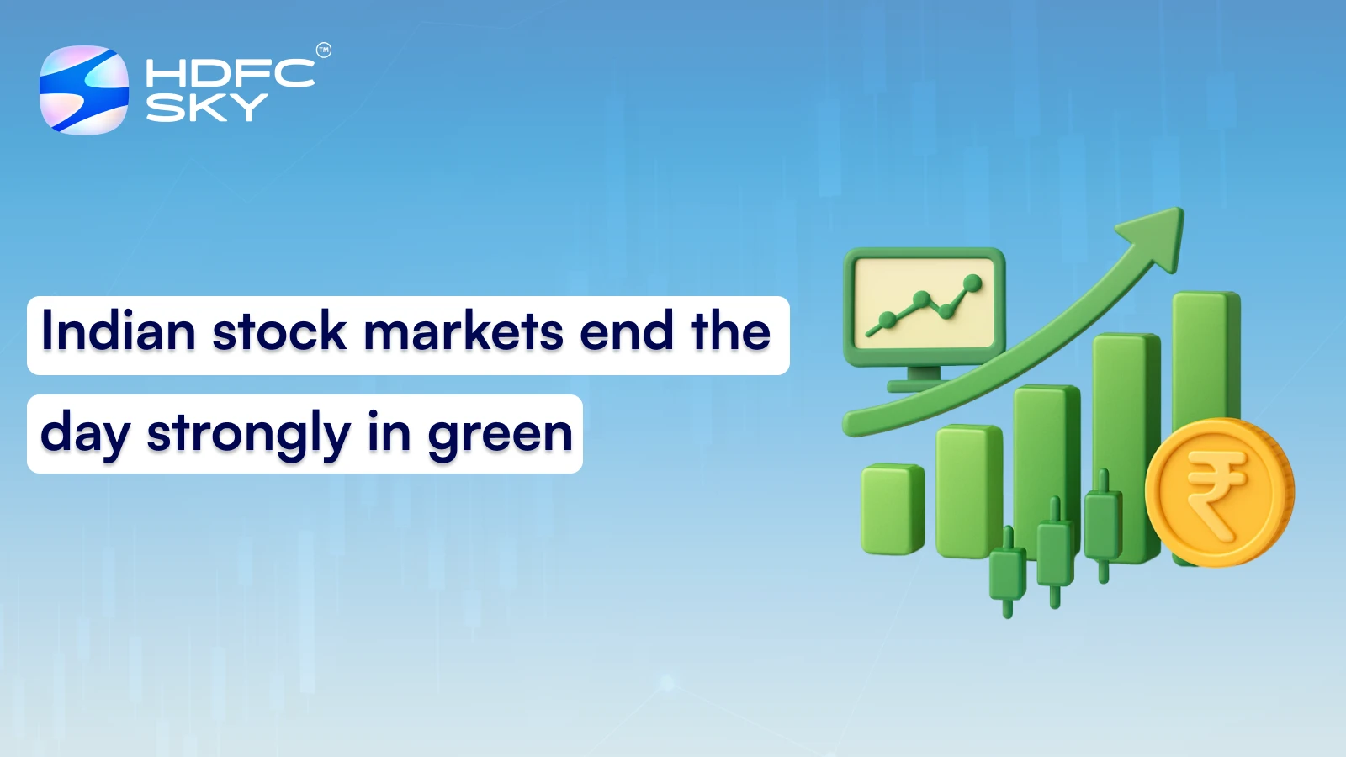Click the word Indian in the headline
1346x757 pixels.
click(119, 331)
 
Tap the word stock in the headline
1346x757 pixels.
click(279, 331)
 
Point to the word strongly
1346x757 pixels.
click(248, 435)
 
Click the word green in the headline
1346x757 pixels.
click(500, 435)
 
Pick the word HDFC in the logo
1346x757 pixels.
click(230, 73)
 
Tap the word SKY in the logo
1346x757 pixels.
click(207, 108)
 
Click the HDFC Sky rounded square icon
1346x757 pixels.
click(84, 90)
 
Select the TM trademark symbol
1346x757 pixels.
click(324, 50)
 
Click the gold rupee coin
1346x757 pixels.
click(1219, 492)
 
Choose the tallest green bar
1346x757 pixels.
click(1206, 353)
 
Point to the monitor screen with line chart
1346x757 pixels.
click(925, 304)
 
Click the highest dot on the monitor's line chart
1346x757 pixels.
click(973, 283)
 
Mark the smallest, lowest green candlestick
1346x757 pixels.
click(1007, 572)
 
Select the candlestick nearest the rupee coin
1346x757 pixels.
click(1103, 526)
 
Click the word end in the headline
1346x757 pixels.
click(627, 331)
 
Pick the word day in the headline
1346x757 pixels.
click(85, 435)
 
